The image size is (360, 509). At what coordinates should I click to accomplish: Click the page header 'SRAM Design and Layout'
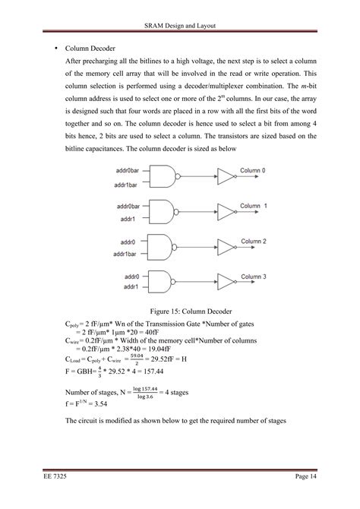pos(180,26)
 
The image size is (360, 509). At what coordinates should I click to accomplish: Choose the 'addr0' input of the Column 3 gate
pos(127,276)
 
